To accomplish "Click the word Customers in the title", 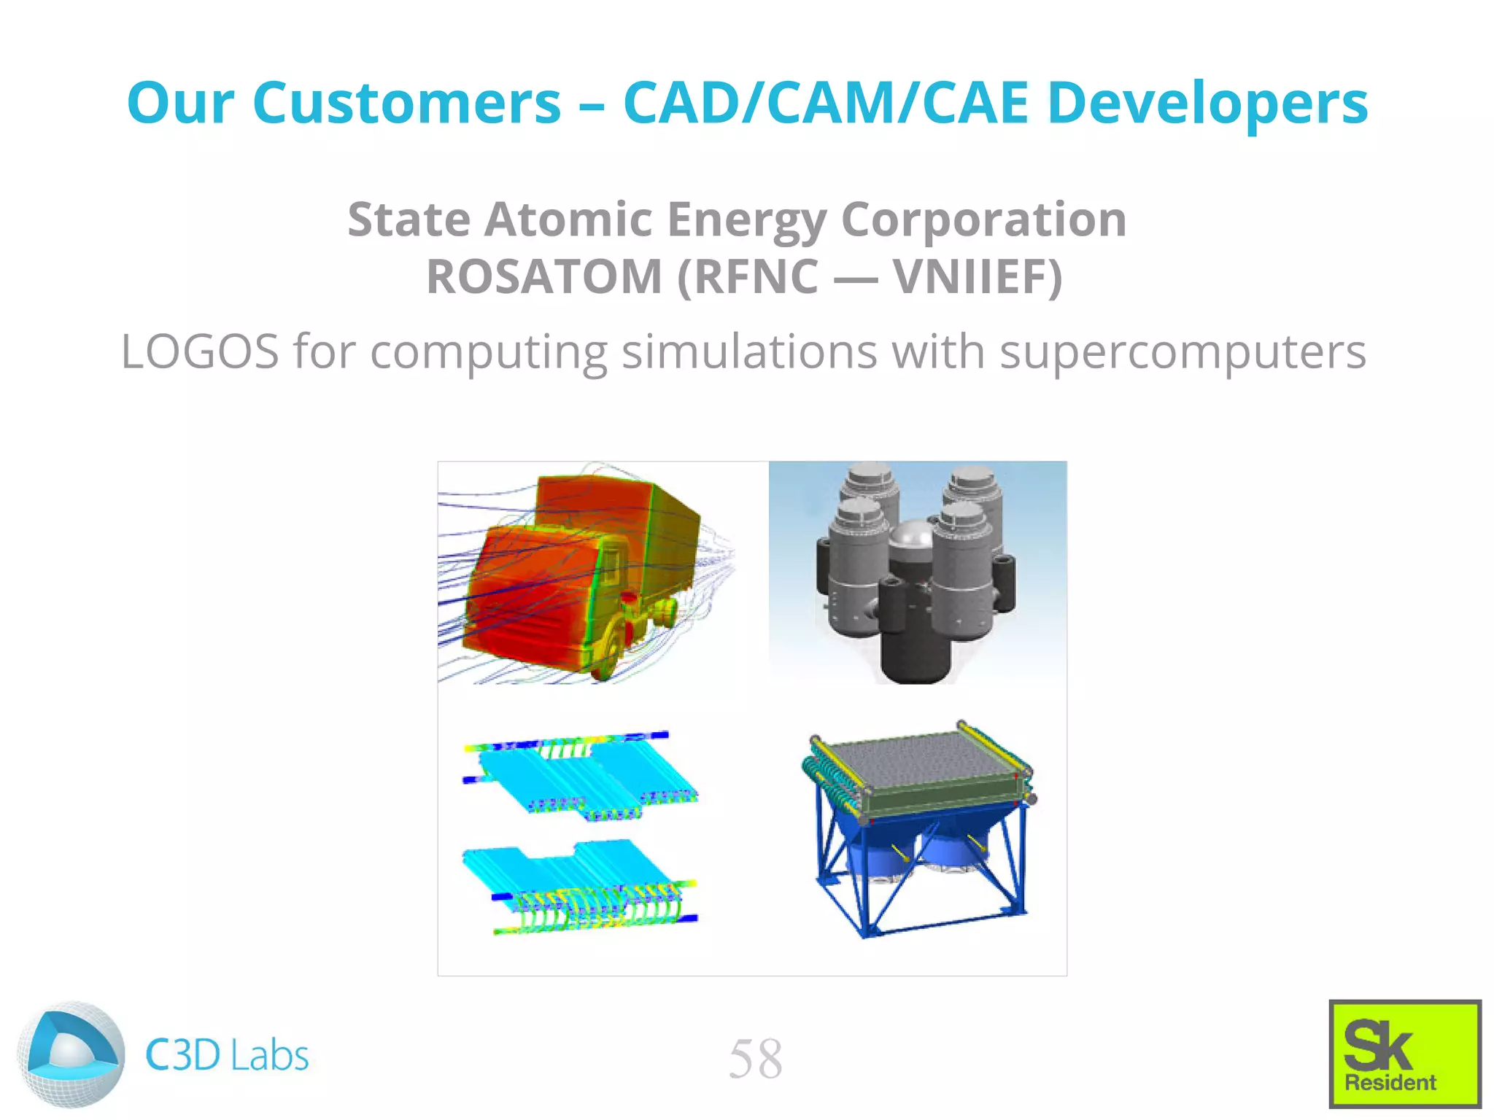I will tap(406, 103).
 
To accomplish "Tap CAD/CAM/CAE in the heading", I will tap(826, 103).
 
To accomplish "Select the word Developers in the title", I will tap(1207, 103).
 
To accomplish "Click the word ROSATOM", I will tap(543, 277).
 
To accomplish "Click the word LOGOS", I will tap(199, 351).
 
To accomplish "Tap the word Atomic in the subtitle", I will tap(568, 219).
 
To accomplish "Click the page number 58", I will tap(755, 1059).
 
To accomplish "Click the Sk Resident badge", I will tap(1404, 1054).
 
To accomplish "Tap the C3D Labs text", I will tap(227, 1055).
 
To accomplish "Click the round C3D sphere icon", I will tap(71, 1054).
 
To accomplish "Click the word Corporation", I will tap(983, 219).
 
